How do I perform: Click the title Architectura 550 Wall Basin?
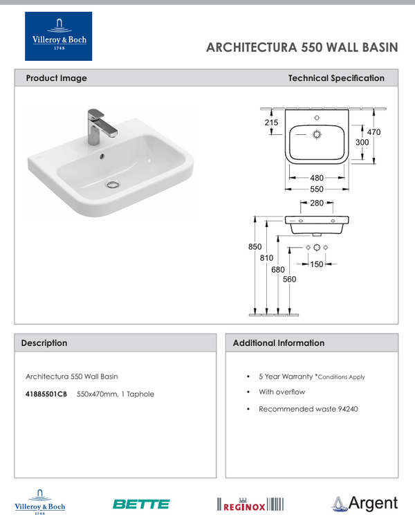coord(302,48)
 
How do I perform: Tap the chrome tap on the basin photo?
coord(93,125)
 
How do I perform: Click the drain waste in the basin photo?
coord(111,184)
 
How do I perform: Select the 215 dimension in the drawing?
coord(271,122)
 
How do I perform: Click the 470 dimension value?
coord(373,131)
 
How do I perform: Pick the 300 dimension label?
coord(362,142)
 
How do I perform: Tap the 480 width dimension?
coord(317,178)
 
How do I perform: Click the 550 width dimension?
coord(317,188)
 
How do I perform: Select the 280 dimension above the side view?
coord(317,203)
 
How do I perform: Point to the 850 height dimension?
coord(255,247)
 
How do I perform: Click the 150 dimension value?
coord(317,264)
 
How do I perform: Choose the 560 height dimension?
coord(289,279)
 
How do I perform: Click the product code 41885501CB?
coord(46,394)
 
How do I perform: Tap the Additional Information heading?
coord(279,343)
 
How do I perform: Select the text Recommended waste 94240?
coord(308,409)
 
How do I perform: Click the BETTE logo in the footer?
coord(141,504)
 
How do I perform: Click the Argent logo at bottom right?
coord(365,503)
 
